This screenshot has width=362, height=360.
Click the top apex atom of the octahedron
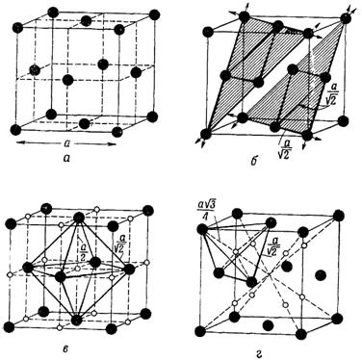coord(79,219)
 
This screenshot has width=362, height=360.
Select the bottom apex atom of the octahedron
coord(76,320)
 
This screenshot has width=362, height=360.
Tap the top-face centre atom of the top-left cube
coord(86,21)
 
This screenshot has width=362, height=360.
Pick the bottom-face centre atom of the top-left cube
coord(84,123)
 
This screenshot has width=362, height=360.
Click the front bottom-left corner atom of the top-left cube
coord(15,130)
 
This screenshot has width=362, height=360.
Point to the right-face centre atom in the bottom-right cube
coord(320,275)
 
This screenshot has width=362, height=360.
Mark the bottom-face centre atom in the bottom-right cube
coord(268,325)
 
